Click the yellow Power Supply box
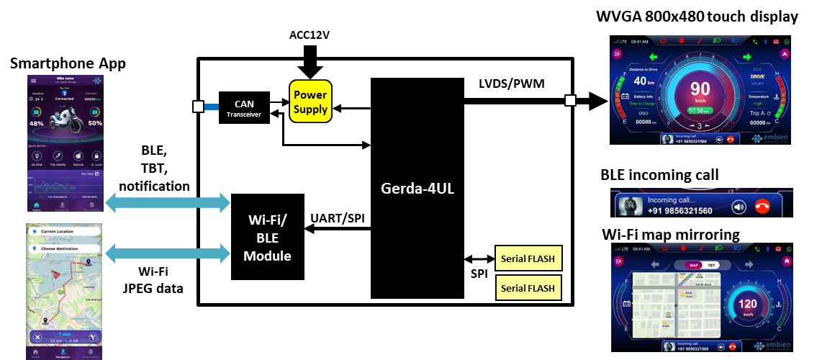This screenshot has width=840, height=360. coord(310,102)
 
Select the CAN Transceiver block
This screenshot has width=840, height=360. coord(244,107)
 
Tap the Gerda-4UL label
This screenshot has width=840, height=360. coord(417,189)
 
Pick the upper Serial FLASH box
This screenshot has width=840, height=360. coord(528,258)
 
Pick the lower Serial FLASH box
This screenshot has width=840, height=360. coord(528,288)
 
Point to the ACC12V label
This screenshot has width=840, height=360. coord(310,35)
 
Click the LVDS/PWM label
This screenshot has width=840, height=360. coord(512,84)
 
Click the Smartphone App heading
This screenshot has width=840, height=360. coord(68,64)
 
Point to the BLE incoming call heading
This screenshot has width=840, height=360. coord(659,175)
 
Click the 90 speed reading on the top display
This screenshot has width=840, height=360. coord(700,89)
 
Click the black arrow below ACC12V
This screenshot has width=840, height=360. coord(312,61)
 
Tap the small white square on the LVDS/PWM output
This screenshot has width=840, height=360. coord(570,100)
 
